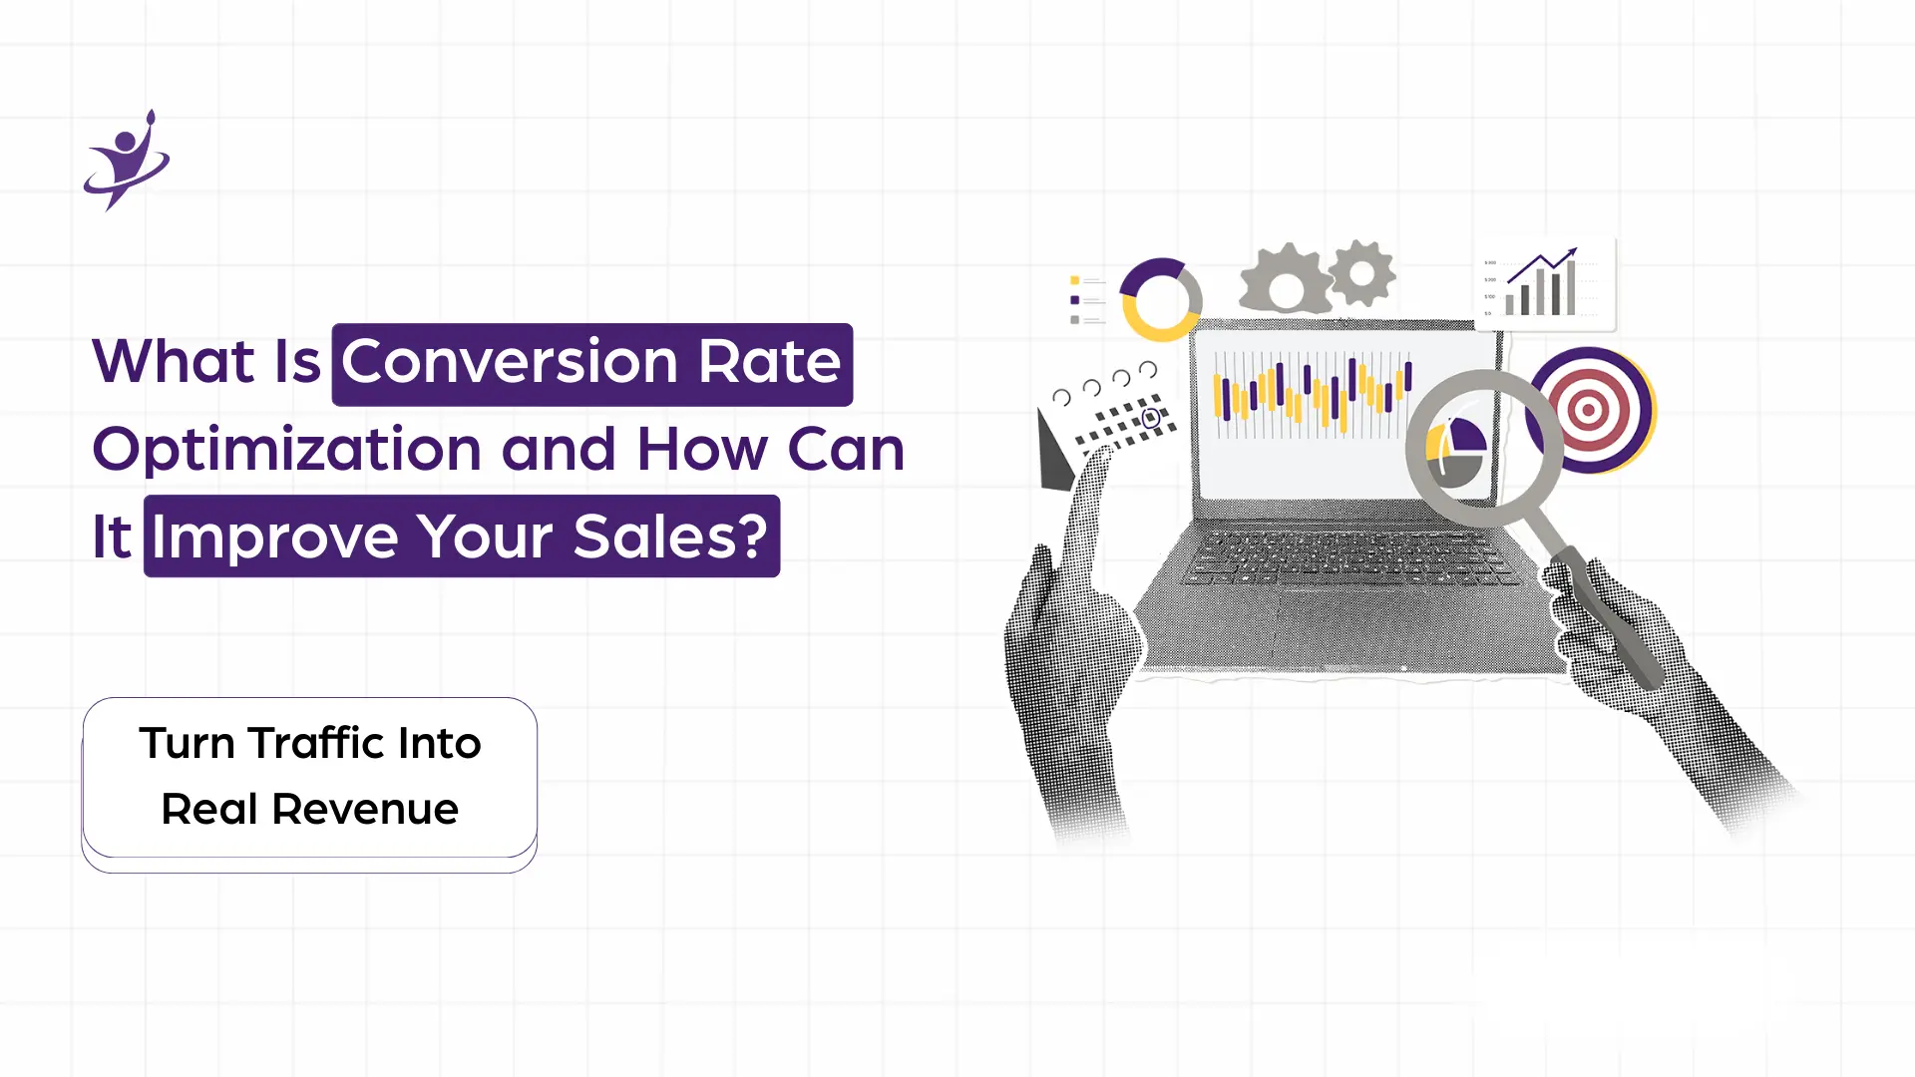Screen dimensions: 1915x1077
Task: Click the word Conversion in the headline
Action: pos(510,361)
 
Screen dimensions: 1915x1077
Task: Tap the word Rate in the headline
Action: pos(769,361)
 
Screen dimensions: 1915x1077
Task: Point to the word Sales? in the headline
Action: pos(671,537)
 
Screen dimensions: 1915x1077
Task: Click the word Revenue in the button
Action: pos(365,809)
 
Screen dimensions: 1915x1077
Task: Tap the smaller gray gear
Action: pos(1361,272)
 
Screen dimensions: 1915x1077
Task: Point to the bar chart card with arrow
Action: pos(1545,284)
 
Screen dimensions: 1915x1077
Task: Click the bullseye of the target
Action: pos(1589,410)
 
